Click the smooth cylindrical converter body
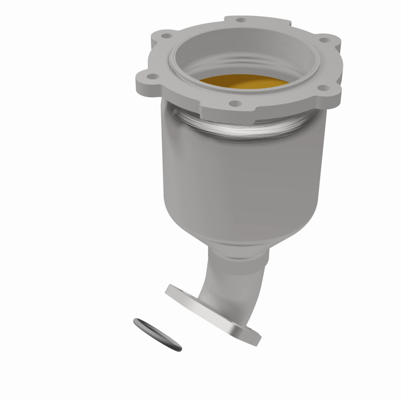[241, 180]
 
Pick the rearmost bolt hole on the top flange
[242, 21]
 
